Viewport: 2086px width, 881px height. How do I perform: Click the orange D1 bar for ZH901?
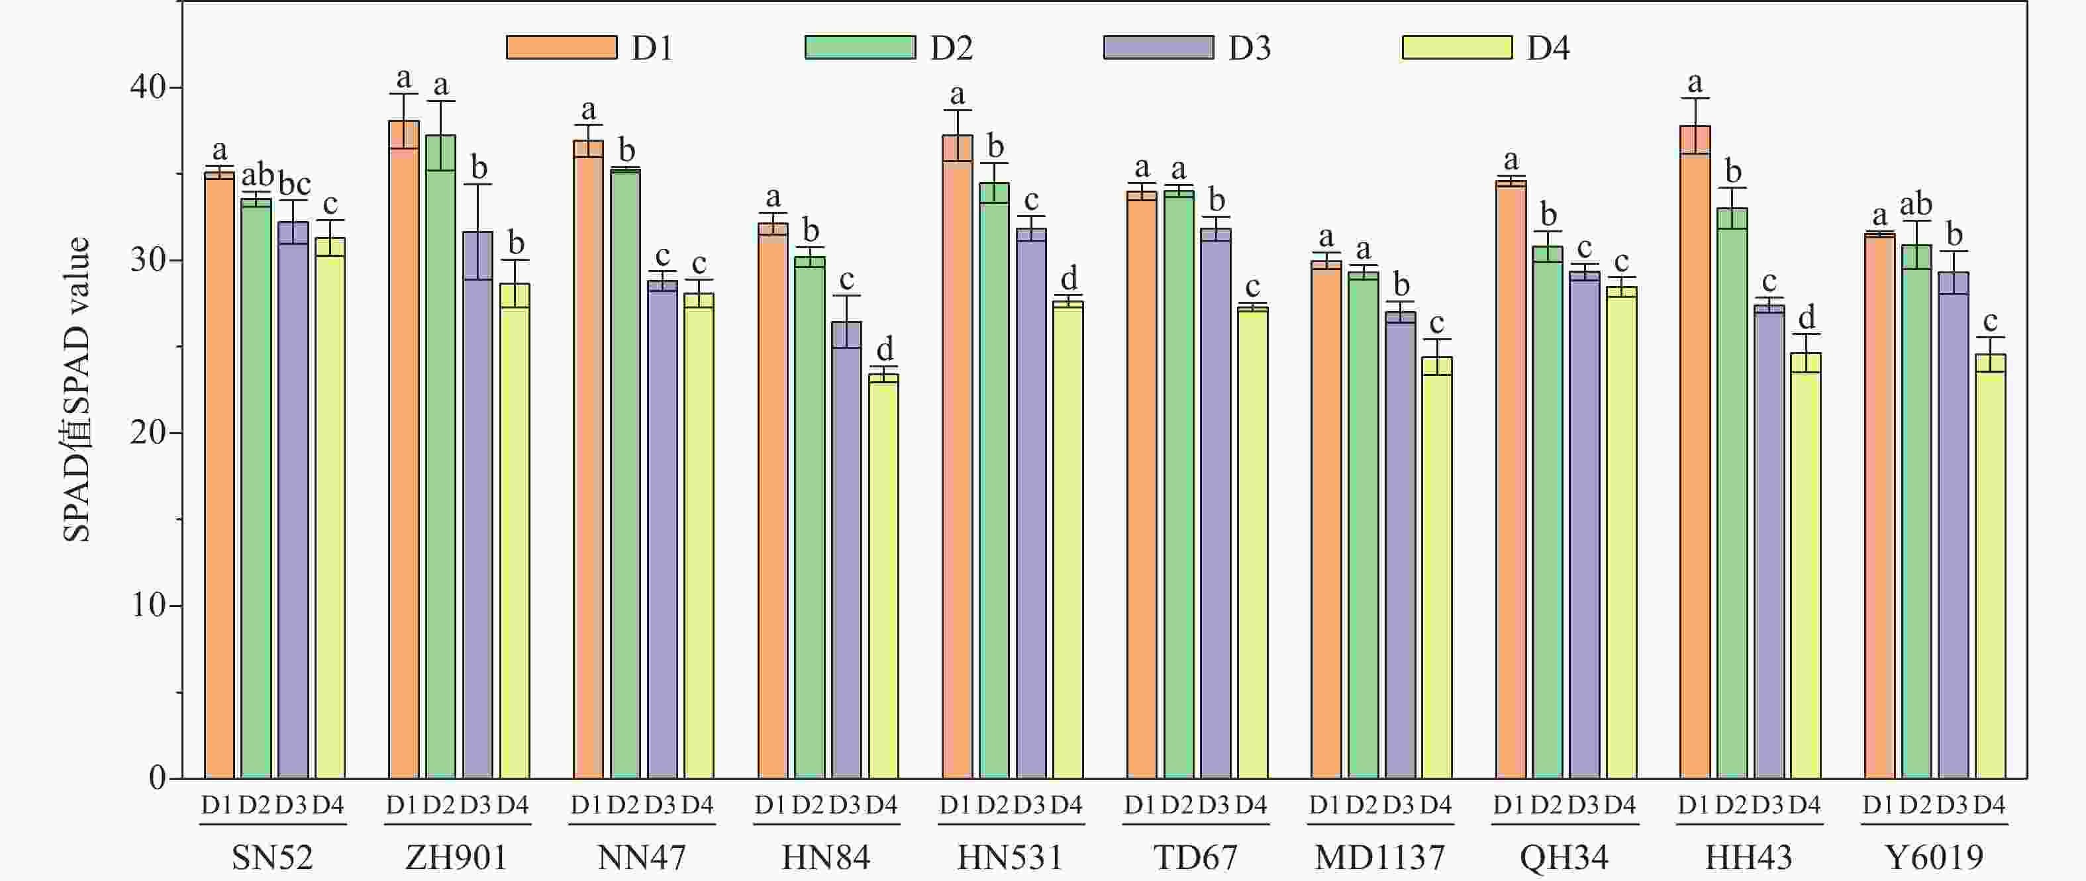[x=404, y=453]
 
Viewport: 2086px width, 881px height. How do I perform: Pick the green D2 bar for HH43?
[x=1732, y=494]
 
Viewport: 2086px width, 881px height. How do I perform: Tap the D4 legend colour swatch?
[x=1456, y=48]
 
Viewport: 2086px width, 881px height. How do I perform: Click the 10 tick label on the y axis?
[x=148, y=605]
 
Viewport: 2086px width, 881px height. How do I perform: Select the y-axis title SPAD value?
[x=77, y=389]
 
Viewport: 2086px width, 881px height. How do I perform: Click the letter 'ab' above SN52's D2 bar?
[x=258, y=174]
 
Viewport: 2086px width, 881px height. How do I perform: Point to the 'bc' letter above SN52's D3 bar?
[x=294, y=184]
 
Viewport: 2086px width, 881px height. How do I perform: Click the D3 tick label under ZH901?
[x=475, y=805]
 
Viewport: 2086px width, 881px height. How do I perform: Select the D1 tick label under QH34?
[x=1509, y=805]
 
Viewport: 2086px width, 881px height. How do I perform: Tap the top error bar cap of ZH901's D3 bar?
[x=477, y=185]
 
